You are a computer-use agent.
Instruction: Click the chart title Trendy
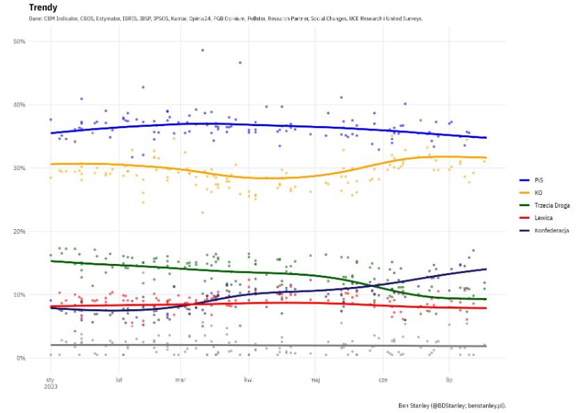tap(43, 8)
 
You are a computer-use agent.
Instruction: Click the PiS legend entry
tap(538, 179)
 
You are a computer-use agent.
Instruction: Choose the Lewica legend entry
tap(542, 217)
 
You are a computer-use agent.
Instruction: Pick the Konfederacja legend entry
tap(552, 230)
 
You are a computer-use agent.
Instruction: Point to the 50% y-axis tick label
tap(19, 42)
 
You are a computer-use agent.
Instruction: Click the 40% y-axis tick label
tap(19, 105)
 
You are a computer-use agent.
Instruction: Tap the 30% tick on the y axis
tap(19, 169)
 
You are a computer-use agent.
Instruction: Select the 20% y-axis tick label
tap(19, 232)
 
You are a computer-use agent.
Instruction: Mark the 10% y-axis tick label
tap(19, 295)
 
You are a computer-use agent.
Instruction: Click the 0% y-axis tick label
tap(21, 359)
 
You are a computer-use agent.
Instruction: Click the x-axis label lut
tap(119, 380)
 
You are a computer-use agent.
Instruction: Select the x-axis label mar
tap(180, 380)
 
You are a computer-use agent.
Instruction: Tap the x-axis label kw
tap(248, 380)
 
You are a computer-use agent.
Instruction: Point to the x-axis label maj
tap(315, 380)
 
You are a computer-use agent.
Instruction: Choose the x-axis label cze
tap(383, 380)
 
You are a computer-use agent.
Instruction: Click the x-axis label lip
tap(449, 380)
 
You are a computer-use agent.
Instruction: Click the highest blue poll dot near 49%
tap(203, 50)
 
